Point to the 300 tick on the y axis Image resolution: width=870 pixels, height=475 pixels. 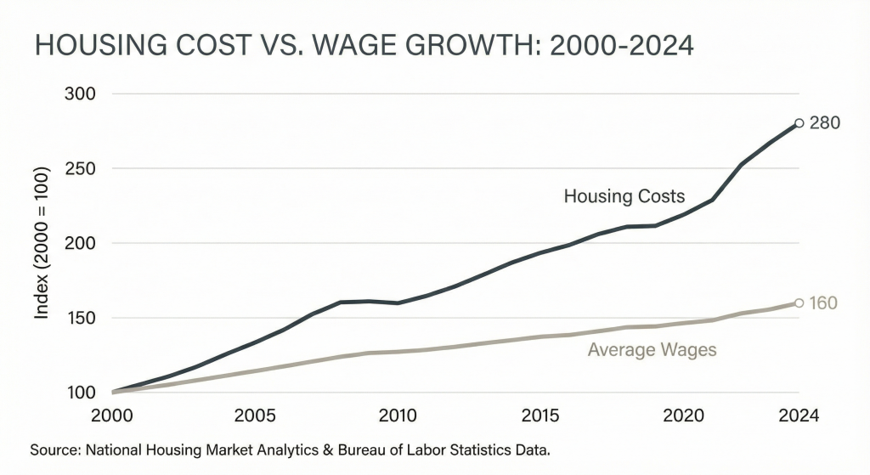81,93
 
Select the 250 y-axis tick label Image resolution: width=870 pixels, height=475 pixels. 81,168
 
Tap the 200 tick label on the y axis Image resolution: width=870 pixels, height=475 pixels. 81,243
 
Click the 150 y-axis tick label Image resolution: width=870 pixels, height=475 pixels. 81,318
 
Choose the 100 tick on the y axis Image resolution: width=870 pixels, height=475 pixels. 81,393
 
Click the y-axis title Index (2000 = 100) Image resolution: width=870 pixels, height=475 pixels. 41,243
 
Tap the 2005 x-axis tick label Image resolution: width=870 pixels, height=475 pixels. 255,416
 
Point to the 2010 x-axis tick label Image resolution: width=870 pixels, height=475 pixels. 397,416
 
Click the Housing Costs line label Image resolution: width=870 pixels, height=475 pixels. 624,196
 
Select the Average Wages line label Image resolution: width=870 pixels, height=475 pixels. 652,349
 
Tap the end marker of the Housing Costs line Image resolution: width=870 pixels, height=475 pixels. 799,123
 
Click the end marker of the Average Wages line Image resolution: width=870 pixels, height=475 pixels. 799,303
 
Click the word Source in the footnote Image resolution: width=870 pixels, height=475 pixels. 49,448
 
